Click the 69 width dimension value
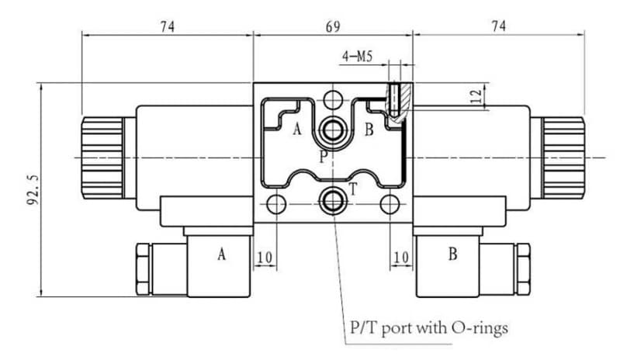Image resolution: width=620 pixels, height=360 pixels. (x=333, y=27)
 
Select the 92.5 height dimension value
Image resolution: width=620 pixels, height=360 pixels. (x=33, y=189)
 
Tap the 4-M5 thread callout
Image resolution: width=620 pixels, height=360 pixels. (x=358, y=57)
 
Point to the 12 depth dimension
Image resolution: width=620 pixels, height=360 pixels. (x=477, y=96)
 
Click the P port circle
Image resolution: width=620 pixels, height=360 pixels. (x=333, y=130)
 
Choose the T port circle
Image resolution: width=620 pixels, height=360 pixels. (x=333, y=201)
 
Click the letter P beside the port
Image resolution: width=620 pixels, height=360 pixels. (x=324, y=157)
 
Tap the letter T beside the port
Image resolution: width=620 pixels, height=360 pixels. (x=353, y=189)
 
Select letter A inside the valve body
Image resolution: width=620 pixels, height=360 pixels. (x=297, y=129)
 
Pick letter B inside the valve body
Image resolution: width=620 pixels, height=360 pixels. (x=369, y=130)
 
